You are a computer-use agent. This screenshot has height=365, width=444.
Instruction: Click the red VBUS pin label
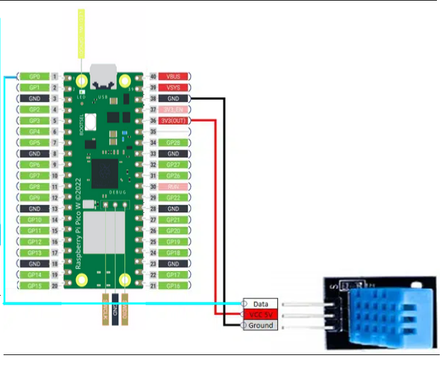tap(172, 76)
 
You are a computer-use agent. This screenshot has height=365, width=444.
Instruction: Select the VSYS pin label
tap(172, 87)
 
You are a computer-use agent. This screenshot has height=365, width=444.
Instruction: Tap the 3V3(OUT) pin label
tap(172, 121)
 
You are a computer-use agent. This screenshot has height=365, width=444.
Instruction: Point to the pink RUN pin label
tap(172, 186)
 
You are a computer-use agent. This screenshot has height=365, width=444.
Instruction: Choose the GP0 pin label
tap(33, 76)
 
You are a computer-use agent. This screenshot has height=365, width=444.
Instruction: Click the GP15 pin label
tap(33, 285)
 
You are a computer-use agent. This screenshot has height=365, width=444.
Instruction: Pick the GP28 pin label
tap(172, 142)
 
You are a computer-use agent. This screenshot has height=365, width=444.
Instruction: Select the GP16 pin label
tap(172, 285)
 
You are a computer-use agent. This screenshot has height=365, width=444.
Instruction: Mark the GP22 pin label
tap(172, 197)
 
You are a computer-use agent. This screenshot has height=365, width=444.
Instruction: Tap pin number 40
tap(153, 76)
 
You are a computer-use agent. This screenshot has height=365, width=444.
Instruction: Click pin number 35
tap(153, 132)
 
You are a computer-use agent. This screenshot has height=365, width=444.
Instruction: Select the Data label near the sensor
tap(260, 303)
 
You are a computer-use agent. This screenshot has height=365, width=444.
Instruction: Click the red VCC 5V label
tap(260, 314)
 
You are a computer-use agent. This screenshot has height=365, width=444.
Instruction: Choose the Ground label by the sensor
tap(260, 325)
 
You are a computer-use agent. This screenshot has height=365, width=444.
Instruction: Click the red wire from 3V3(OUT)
tap(215, 212)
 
